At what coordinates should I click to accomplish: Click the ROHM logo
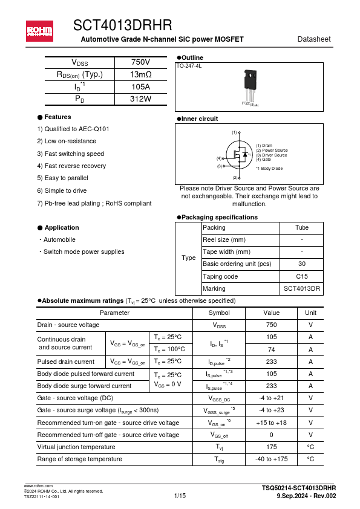point(39,30)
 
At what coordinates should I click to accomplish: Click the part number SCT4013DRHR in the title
point(122,25)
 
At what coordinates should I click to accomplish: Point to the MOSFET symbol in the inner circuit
point(238,155)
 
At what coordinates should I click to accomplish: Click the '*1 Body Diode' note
point(269,169)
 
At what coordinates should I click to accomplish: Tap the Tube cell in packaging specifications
point(301,227)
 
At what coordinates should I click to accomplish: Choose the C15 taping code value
point(301,276)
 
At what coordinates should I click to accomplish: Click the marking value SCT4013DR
point(301,289)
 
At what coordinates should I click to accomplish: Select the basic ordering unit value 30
point(301,264)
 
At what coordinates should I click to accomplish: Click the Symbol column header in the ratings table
point(218,313)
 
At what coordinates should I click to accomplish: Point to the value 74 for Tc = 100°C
point(271,349)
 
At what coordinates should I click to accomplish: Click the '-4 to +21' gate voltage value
point(271,398)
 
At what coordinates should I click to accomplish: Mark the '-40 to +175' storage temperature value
point(271,459)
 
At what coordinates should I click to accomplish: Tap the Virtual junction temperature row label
point(76,447)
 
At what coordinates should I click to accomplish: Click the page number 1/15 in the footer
point(180,496)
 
